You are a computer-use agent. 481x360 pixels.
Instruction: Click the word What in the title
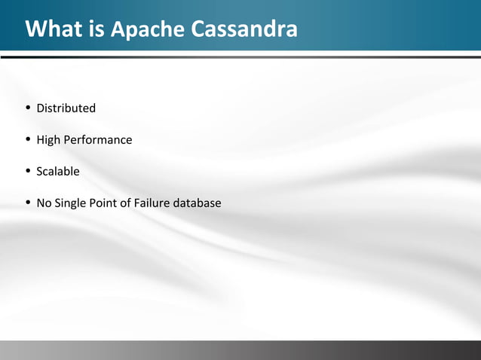pos(55,29)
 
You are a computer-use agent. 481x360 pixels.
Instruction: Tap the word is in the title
pos(97,29)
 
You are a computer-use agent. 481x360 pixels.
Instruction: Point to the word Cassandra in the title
pos(243,29)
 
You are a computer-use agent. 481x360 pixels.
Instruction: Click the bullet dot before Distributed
pos(28,108)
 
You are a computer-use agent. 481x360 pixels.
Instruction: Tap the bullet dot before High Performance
pos(28,139)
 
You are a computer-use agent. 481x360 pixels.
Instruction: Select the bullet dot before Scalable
pos(28,171)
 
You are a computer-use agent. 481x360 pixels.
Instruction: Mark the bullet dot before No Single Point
pos(28,203)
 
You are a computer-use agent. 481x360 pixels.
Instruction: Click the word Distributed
pos(66,108)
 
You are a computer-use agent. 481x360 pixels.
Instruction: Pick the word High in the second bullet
pos(49,140)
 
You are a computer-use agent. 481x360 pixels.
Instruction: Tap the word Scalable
pos(58,172)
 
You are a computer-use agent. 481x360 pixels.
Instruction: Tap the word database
pos(198,203)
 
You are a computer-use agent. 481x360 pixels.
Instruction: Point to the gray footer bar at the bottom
pos(240,350)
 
